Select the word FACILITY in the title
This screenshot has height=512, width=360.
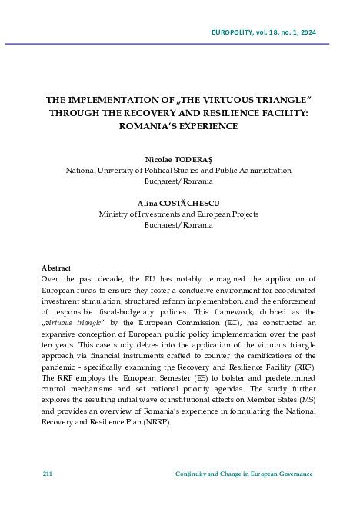tap(283, 113)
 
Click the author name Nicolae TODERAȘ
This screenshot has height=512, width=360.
tap(178, 160)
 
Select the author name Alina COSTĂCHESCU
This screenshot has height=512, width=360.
tap(178, 203)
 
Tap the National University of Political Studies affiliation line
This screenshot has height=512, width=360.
tap(178, 171)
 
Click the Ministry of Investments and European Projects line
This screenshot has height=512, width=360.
tap(178, 214)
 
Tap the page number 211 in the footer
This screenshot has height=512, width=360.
tap(47, 474)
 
